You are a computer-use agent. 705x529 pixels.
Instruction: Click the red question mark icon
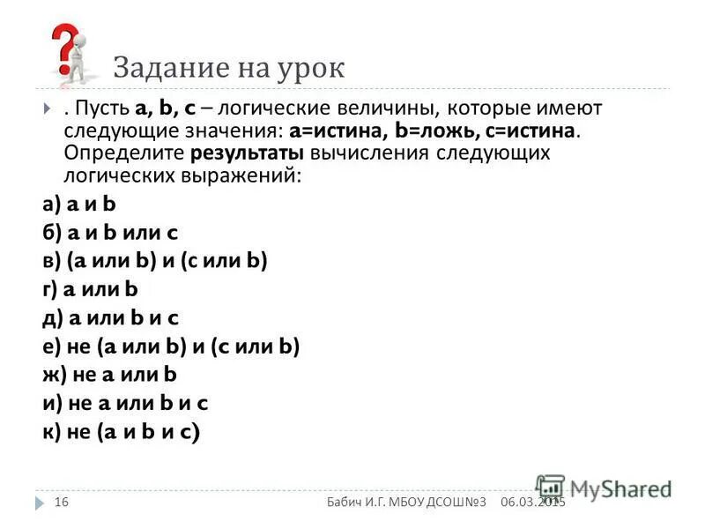tap(64, 48)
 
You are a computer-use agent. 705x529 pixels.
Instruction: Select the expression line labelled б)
tap(110, 232)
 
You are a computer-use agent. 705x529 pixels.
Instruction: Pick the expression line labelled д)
tap(111, 317)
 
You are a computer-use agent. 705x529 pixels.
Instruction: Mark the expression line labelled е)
tap(171, 346)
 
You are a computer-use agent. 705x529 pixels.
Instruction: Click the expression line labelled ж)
tap(110, 375)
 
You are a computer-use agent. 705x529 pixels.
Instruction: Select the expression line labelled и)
tap(124, 403)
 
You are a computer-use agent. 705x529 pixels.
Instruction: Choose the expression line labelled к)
tap(121, 432)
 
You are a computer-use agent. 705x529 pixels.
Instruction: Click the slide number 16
tap(61, 502)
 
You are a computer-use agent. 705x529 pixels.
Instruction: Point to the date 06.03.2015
tap(532, 502)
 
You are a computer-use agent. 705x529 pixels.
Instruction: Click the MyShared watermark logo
tap(603, 488)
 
